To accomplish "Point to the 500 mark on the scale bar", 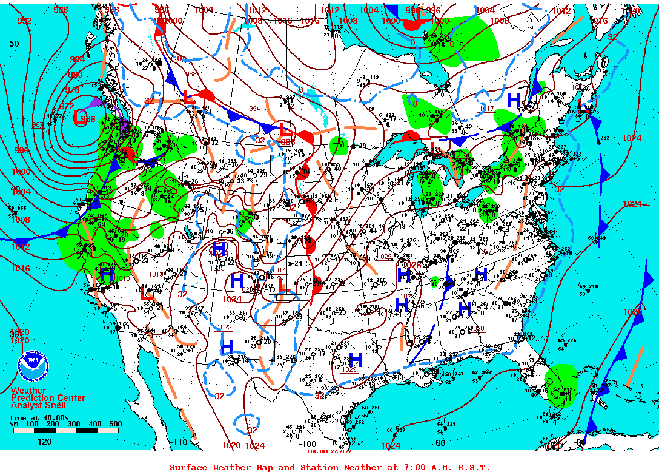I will pos(115,424).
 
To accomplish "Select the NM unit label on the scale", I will pos(14,424).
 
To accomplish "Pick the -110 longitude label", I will pos(180,442).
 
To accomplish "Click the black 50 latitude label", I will pos(14,44).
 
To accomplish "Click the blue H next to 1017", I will pos(514,100).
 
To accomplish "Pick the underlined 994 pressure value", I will pos(255,109).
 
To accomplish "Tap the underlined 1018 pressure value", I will pos(122,278).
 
